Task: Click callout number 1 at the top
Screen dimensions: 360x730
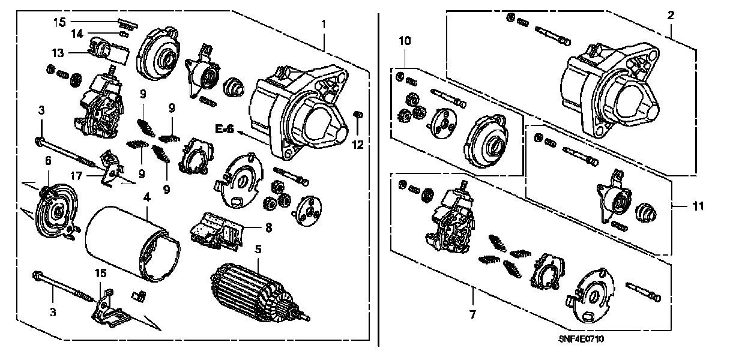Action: (324, 25)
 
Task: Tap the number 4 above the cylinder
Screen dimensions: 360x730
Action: (146, 196)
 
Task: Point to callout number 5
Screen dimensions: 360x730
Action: (258, 247)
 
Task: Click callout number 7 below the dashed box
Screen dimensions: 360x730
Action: (472, 314)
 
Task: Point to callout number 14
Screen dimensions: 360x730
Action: (77, 34)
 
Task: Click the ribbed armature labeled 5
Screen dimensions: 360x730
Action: (255, 291)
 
